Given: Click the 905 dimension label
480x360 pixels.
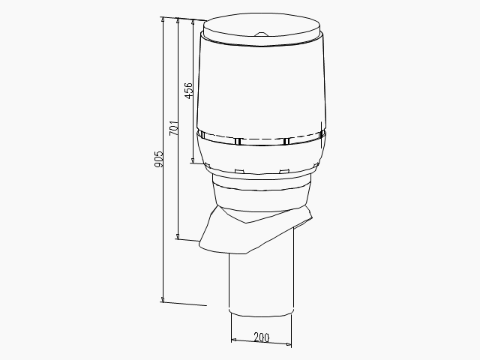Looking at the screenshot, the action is [x=159, y=159].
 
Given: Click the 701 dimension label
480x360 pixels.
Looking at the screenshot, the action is [x=174, y=127].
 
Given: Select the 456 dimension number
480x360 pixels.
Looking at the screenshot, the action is [x=188, y=90].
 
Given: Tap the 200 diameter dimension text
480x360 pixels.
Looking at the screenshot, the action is [x=262, y=337].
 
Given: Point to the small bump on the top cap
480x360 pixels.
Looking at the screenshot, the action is [x=260, y=34].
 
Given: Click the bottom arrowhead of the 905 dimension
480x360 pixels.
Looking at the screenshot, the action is [x=163, y=299].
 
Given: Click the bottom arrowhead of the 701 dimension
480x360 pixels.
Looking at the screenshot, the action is [x=178, y=236].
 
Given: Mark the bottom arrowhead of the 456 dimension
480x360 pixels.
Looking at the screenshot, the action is [x=193, y=160].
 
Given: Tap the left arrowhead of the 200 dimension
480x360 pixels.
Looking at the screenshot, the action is [x=234, y=339].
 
